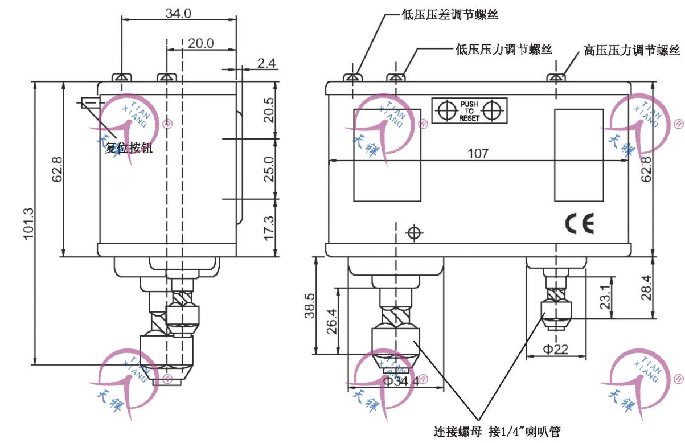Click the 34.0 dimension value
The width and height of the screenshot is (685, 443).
(179, 13)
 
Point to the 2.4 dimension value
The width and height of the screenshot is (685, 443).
(266, 63)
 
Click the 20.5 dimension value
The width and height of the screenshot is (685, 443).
(270, 109)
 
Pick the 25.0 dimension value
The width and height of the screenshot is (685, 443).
(270, 168)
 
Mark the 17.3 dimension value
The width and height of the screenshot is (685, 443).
(270, 227)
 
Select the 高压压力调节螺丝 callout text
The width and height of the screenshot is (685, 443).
(632, 50)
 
